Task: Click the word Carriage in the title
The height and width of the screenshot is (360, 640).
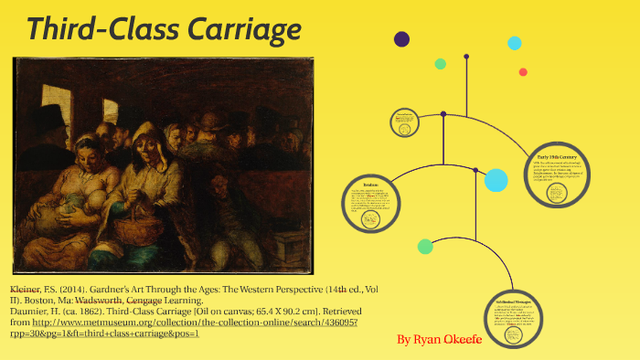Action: (244, 29)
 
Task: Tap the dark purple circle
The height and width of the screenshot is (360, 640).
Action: (400, 38)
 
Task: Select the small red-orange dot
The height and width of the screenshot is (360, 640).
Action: (523, 72)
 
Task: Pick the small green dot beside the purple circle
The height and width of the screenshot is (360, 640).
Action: (440, 64)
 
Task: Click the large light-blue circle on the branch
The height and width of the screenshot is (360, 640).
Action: (496, 180)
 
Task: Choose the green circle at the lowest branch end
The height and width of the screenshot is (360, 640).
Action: (425, 246)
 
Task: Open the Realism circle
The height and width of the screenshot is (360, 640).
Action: (370, 204)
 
